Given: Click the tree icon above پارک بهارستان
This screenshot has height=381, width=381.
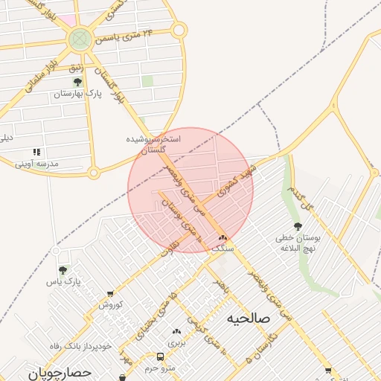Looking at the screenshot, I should [77, 83].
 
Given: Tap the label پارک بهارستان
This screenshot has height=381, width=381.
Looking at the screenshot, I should [77, 95].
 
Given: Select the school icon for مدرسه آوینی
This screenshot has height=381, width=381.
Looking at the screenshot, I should [37, 153].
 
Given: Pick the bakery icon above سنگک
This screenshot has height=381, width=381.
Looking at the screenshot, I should [222, 238].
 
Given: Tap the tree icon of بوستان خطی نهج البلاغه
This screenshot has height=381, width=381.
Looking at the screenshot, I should [298, 226].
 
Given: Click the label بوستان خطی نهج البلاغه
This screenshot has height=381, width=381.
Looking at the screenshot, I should [298, 243].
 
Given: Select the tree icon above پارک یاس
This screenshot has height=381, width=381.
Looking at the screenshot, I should [63, 271].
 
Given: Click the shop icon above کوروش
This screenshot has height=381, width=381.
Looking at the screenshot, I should [111, 294].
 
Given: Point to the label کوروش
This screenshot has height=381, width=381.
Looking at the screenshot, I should [110, 305].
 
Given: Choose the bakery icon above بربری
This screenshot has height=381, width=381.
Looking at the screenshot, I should [176, 332].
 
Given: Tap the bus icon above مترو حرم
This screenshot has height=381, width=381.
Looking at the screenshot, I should [160, 356].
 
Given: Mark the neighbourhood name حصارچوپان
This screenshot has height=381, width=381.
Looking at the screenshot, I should [60, 371].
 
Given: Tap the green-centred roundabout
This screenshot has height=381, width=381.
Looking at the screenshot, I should [79, 39].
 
